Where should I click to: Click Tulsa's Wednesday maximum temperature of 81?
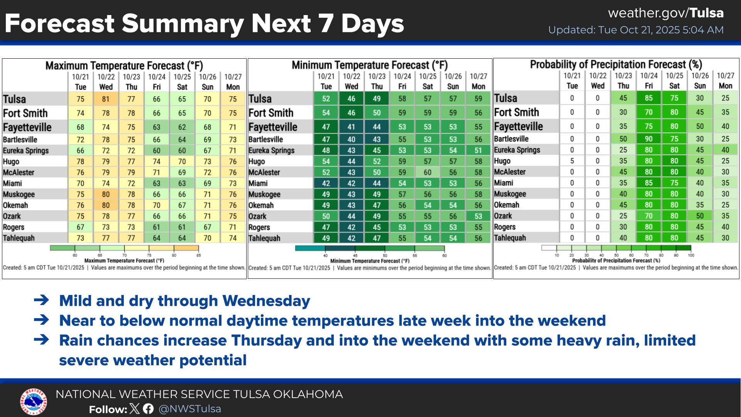click(106, 99)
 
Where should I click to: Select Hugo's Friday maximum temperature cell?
click(156, 161)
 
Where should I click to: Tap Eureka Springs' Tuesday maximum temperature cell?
click(80, 151)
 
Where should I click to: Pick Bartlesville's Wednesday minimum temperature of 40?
click(351, 139)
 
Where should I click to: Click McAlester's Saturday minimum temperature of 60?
click(427, 172)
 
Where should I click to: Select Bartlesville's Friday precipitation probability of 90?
click(648, 139)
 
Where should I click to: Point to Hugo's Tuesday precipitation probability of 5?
click(572, 161)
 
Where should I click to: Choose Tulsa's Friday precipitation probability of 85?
click(648, 98)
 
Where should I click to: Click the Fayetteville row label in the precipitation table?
click(518, 126)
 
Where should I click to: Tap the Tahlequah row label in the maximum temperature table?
click(19, 238)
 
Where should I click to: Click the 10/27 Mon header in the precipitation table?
click(725, 81)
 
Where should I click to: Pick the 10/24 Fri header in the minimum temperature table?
click(402, 81)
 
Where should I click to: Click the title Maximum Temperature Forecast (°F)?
click(124, 66)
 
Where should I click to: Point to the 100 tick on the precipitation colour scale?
click(691, 255)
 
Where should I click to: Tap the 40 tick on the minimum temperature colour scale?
click(325, 256)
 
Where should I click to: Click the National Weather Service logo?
click(34, 402)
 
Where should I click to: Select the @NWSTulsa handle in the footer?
click(189, 409)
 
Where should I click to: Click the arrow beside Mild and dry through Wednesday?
click(41, 300)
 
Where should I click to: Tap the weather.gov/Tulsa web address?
click(665, 13)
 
